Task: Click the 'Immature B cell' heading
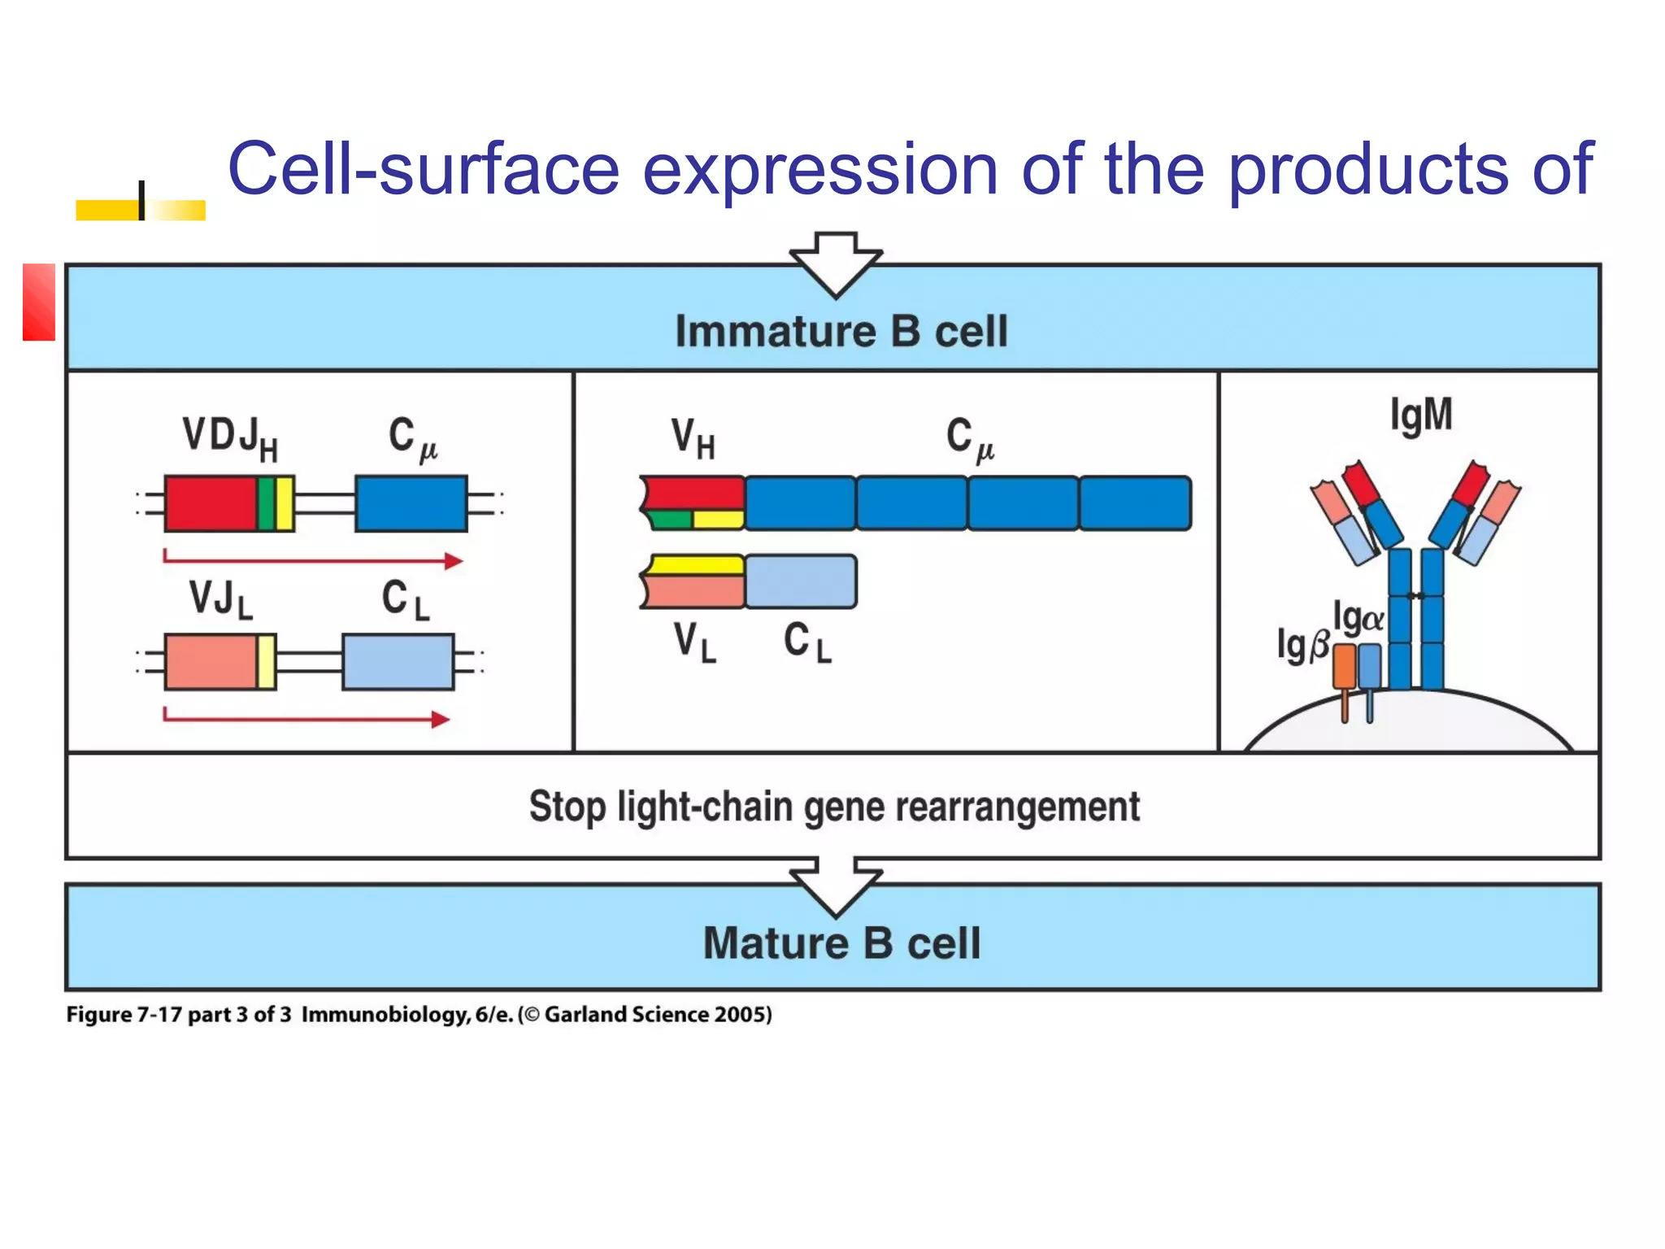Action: tap(841, 331)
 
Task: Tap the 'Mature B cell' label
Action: tap(841, 943)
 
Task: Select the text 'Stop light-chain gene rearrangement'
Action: tap(833, 807)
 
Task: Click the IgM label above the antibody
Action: tap(1420, 415)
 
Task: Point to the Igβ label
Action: tap(1302, 645)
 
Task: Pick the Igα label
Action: tap(1357, 618)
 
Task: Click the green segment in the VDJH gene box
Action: tap(266, 504)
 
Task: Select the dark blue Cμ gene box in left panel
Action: tap(411, 504)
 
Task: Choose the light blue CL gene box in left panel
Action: tap(398, 662)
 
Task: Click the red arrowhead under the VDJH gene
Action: tap(454, 560)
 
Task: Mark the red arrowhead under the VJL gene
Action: tap(440, 719)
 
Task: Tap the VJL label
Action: tap(220, 599)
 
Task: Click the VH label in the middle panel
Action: tap(693, 437)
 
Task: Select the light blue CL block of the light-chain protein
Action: tap(800, 581)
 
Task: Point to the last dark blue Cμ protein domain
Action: tap(1135, 504)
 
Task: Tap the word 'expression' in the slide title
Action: tap(819, 169)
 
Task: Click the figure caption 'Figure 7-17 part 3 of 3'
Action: tap(178, 1015)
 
